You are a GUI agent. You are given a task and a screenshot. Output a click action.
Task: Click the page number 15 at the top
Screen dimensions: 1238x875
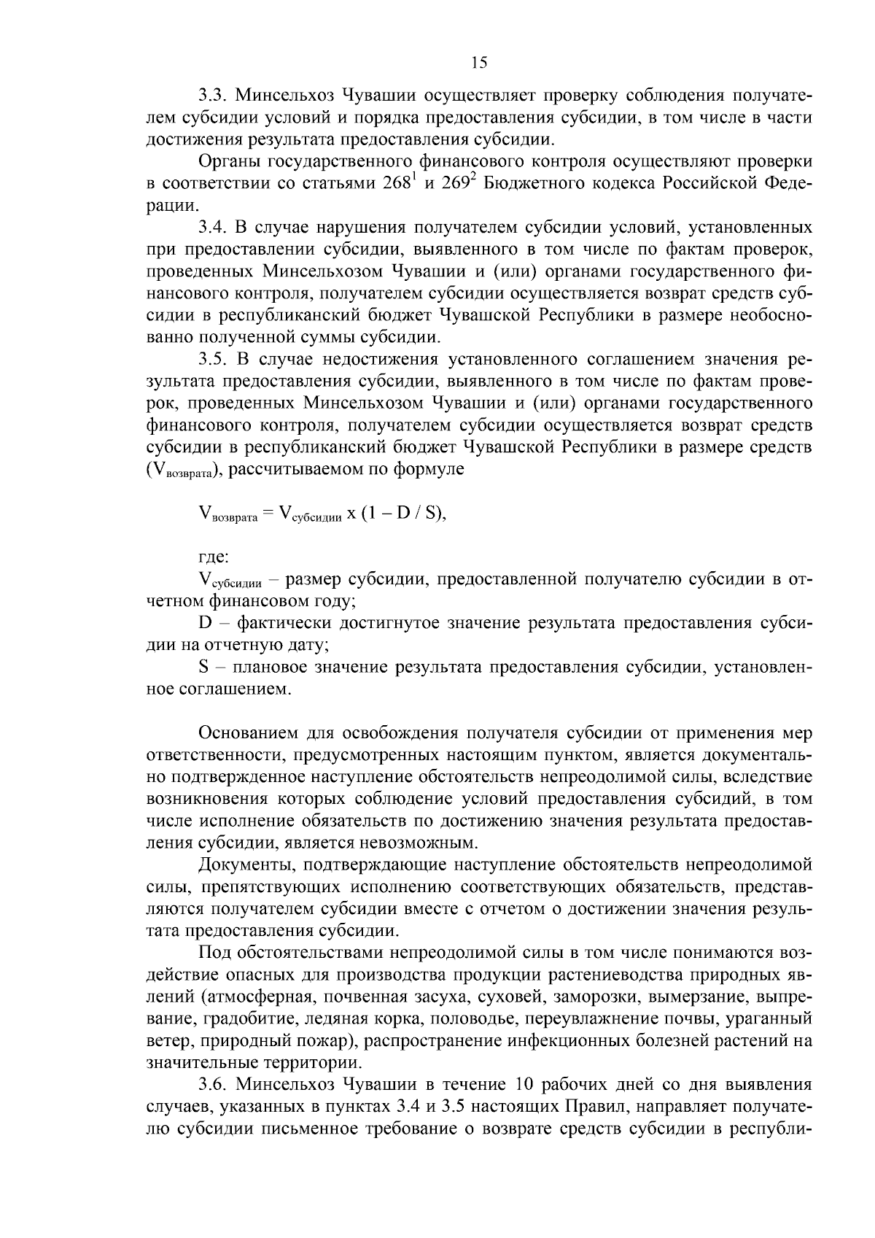[478, 63]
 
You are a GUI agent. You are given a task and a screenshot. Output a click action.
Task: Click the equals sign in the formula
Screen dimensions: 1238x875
[267, 514]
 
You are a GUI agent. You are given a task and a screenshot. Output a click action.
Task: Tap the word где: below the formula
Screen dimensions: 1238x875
[213, 557]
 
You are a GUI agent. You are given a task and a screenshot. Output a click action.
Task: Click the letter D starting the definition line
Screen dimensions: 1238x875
[204, 623]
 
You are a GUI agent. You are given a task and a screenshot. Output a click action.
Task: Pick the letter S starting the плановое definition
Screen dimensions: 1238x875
[203, 667]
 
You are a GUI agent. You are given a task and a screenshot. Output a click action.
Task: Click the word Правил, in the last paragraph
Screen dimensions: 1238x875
[596, 1106]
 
